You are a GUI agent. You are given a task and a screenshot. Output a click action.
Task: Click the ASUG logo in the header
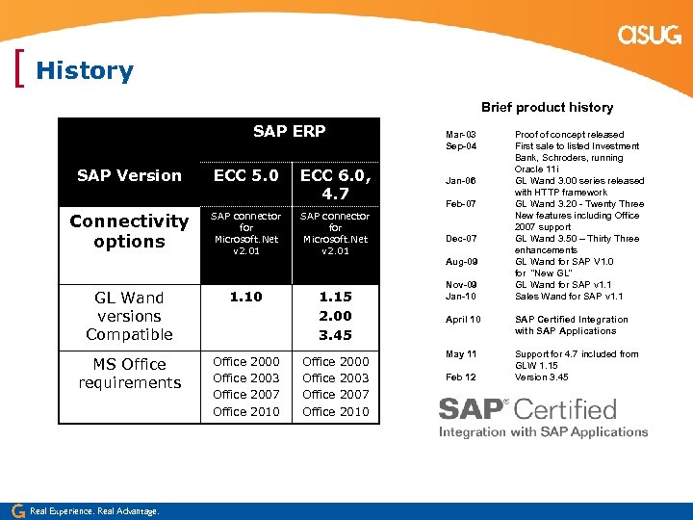pos(649,36)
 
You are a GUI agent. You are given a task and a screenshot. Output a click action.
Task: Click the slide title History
pos(85,71)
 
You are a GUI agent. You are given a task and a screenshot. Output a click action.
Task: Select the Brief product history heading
pos(547,107)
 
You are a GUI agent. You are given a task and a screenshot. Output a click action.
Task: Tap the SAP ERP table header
pos(289,131)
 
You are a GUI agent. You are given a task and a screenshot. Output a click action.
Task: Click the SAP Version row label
pos(129,175)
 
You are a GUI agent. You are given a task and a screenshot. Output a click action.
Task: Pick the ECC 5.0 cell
pos(246,175)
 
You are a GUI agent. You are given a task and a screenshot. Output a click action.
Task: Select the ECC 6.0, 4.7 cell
pos(335,184)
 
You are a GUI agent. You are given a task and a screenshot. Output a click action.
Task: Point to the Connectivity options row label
pos(129,231)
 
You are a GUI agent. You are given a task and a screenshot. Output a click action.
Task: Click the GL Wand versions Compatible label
pos(129,316)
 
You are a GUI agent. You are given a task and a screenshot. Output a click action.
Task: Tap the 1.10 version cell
pos(246,297)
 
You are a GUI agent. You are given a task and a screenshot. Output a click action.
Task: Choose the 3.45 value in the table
pos(335,335)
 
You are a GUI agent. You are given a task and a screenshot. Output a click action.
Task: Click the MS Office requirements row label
pos(129,374)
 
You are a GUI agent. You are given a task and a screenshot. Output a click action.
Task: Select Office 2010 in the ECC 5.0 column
pos(246,412)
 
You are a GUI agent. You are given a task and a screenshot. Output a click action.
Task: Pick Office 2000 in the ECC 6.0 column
pos(335,361)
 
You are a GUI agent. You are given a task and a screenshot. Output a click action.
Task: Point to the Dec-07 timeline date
pos(460,239)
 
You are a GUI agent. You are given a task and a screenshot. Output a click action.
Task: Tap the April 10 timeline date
pos(462,320)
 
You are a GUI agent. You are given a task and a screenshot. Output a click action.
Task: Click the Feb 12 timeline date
pos(461,377)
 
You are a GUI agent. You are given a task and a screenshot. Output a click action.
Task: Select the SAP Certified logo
pos(543,416)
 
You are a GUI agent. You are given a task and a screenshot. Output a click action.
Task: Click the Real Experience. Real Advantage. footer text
pos(94,510)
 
